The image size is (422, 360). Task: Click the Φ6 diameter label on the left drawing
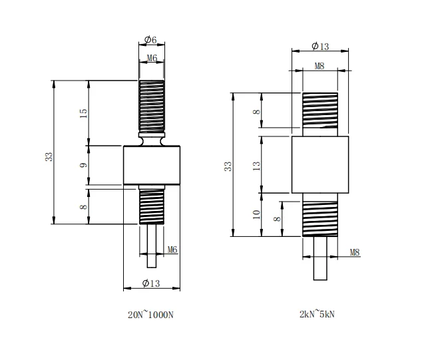[x=151, y=40]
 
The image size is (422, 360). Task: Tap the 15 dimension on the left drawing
[x=84, y=112]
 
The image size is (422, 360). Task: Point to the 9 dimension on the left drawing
[x=84, y=164]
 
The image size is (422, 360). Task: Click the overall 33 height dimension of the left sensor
[x=49, y=156]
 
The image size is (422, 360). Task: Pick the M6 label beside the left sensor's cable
[x=172, y=250]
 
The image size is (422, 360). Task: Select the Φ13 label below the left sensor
[x=151, y=283]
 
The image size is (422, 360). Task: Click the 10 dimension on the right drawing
[x=257, y=214]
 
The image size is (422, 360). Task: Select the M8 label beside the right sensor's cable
[x=354, y=252]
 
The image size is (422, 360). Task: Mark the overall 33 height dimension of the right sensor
[x=228, y=166]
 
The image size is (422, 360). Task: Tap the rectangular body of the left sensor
[x=152, y=164]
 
